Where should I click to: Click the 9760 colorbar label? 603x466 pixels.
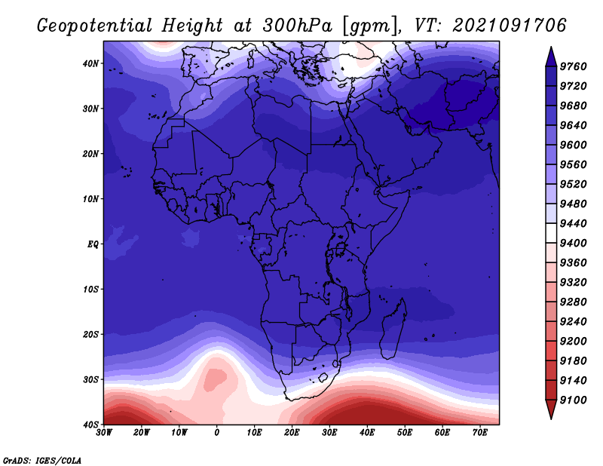[573, 66]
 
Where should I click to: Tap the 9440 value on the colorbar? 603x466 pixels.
[573, 223]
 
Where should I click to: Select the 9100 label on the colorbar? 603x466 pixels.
[573, 400]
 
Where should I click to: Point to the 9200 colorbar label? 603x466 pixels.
[573, 341]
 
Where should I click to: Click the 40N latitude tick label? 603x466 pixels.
[90, 63]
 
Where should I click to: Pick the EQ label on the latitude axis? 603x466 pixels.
[93, 244]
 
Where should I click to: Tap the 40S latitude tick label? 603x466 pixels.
[90, 425]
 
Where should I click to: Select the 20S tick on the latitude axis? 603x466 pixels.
[90, 334]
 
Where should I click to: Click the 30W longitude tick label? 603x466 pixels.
[104, 433]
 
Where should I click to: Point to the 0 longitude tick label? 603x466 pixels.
[217, 433]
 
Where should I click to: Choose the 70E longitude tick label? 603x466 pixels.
[480, 433]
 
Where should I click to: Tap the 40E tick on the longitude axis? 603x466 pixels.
[367, 433]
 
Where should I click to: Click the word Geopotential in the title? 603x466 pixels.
[95, 26]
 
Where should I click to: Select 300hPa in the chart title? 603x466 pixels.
[297, 26]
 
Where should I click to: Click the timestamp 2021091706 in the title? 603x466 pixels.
[510, 25]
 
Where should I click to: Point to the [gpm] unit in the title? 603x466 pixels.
[369, 26]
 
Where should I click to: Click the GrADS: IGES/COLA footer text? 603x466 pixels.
[42, 461]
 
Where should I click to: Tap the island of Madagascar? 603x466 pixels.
[393, 328]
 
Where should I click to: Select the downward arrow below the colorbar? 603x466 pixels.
[551, 409]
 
